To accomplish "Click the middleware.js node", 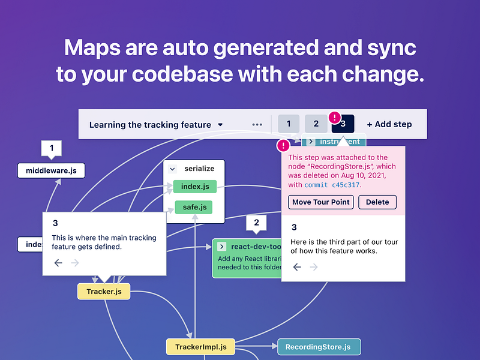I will point(51,171).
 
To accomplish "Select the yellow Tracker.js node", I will point(104,292).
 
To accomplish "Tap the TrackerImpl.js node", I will point(200,347).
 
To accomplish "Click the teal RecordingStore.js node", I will point(318,347).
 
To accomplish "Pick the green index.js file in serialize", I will point(194,187).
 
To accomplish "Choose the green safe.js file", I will point(194,208).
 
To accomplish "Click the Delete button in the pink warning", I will point(377,202).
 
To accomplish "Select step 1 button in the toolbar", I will point(289,124).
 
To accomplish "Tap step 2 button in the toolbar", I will point(316,124).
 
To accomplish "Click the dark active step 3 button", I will point(343,124).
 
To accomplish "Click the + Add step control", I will point(389,124).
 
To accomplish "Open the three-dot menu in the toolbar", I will point(257,125).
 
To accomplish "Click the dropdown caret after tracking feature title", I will point(220,125).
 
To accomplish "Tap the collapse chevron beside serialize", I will point(172,170).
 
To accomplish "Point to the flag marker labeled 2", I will point(256,223).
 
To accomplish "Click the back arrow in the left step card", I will point(58,263).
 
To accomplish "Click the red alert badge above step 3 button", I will point(335,117).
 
